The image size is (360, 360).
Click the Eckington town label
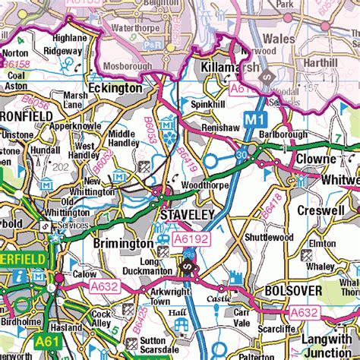(x=115, y=88)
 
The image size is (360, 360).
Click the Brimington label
(x=122, y=244)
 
